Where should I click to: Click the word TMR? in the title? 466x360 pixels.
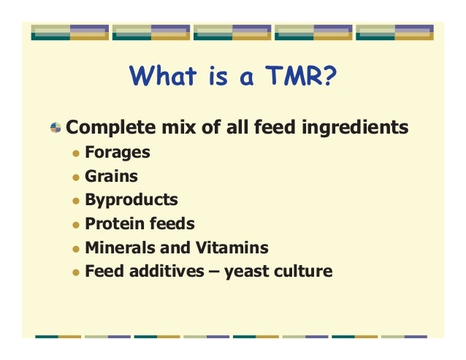click(300, 76)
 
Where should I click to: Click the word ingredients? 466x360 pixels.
click(356, 129)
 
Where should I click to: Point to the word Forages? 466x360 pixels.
click(118, 153)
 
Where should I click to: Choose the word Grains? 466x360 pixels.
click(112, 176)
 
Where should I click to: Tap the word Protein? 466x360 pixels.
click(115, 223)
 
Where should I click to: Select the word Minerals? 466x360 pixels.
click(119, 248)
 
